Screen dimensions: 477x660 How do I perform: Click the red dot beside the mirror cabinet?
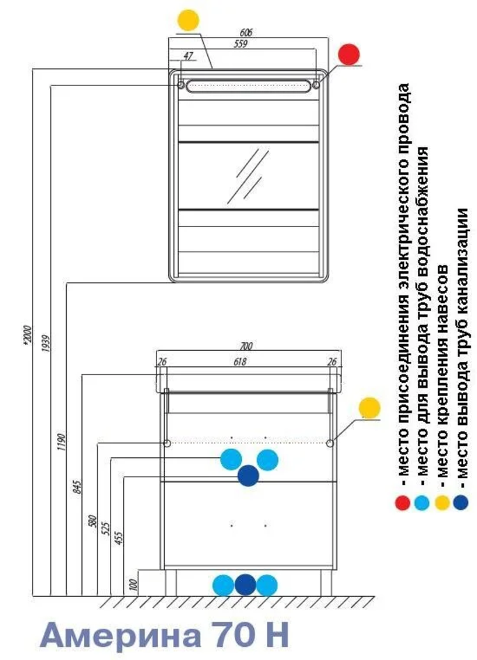tap(349, 54)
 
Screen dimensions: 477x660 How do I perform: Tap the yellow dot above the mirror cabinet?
tap(188, 20)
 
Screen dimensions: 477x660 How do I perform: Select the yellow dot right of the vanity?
tap(369, 407)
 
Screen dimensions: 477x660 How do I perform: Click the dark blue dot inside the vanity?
tap(248, 476)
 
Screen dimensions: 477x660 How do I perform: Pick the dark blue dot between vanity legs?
tap(245, 585)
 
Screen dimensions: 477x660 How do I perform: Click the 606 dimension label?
tap(246, 33)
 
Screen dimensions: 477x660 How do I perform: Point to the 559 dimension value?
tap(241, 44)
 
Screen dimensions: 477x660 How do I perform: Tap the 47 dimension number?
tap(188, 56)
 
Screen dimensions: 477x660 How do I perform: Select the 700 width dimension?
tap(246, 346)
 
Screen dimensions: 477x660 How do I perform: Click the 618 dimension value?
tap(240, 361)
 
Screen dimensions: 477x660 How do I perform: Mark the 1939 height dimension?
tap(46, 343)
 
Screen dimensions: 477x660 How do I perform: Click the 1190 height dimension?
tap(61, 443)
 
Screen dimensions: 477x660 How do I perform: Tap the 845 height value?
tap(78, 486)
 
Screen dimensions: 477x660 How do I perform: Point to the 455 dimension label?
tap(120, 538)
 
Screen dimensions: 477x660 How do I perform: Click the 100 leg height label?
tap(133, 584)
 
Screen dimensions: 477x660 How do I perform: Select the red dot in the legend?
tap(403, 502)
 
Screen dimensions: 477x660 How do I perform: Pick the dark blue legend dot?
tap(460, 502)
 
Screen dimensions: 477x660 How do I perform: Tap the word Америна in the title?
tap(121, 635)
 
